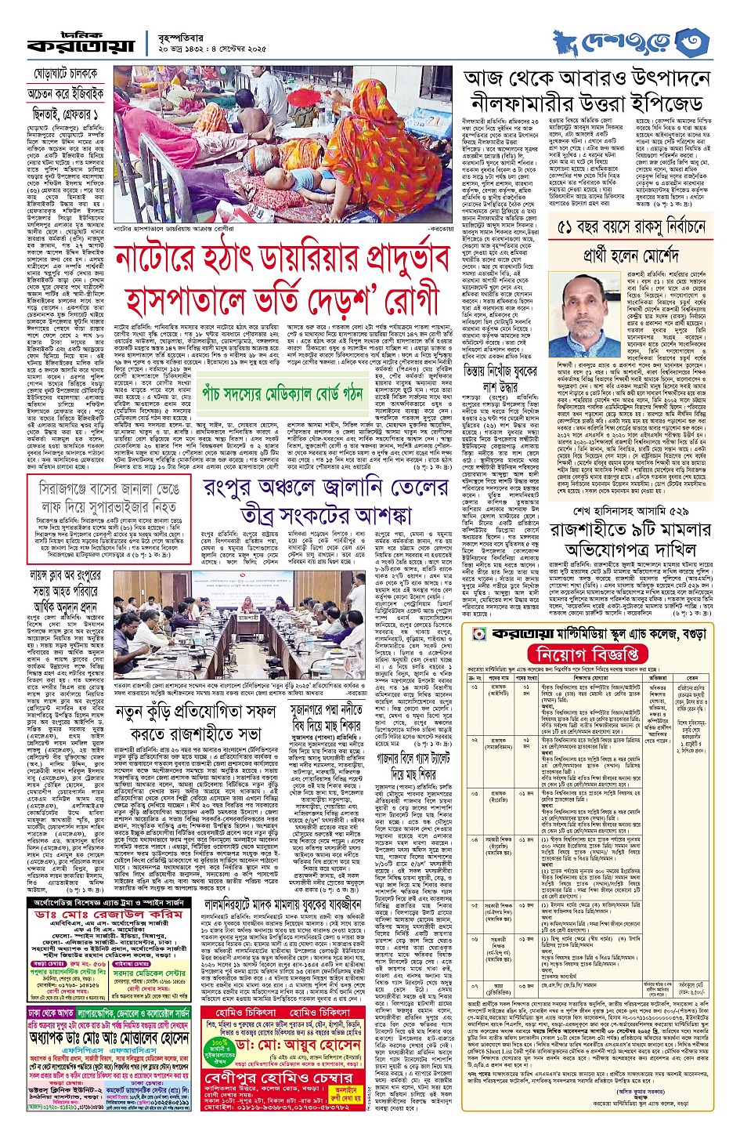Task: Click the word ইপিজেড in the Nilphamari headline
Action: point(662,103)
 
